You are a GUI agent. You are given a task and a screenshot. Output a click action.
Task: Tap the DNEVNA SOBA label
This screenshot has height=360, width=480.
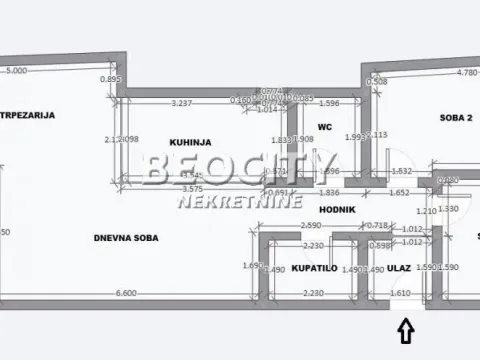[x=127, y=237]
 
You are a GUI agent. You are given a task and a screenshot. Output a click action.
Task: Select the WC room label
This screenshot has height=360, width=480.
[x=324, y=127]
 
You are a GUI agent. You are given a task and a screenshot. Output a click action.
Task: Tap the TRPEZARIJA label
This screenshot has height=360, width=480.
[x=27, y=115]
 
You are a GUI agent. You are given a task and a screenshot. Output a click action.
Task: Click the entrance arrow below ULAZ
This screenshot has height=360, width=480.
[x=405, y=327]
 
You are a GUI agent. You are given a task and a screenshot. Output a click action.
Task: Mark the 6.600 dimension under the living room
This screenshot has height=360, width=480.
[x=125, y=293]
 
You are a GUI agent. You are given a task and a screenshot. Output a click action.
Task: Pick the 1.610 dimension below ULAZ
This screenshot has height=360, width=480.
[x=400, y=293]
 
